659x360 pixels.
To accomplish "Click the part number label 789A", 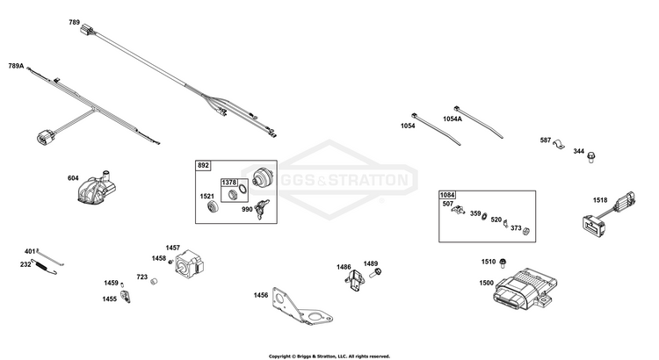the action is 16,66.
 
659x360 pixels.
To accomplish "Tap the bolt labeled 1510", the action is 503,263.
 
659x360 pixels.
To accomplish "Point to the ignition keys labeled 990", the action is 262,208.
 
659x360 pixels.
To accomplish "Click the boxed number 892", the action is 204,165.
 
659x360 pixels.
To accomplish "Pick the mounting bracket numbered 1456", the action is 301,307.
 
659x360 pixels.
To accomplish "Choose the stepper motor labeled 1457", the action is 190,263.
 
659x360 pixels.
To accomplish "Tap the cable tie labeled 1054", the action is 436,129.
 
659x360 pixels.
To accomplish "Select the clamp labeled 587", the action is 559,144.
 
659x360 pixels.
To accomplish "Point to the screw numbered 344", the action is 591,157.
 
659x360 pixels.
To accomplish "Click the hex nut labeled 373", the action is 525,230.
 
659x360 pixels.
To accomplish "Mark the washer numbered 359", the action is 484,216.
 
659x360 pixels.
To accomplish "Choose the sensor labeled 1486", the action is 354,280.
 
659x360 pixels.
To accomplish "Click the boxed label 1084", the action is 447,195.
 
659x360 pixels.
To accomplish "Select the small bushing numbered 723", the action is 155,281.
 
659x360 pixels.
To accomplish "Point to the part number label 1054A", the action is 453,119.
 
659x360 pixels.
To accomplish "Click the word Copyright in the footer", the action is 279,356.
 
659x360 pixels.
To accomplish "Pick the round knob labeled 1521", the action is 214,206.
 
